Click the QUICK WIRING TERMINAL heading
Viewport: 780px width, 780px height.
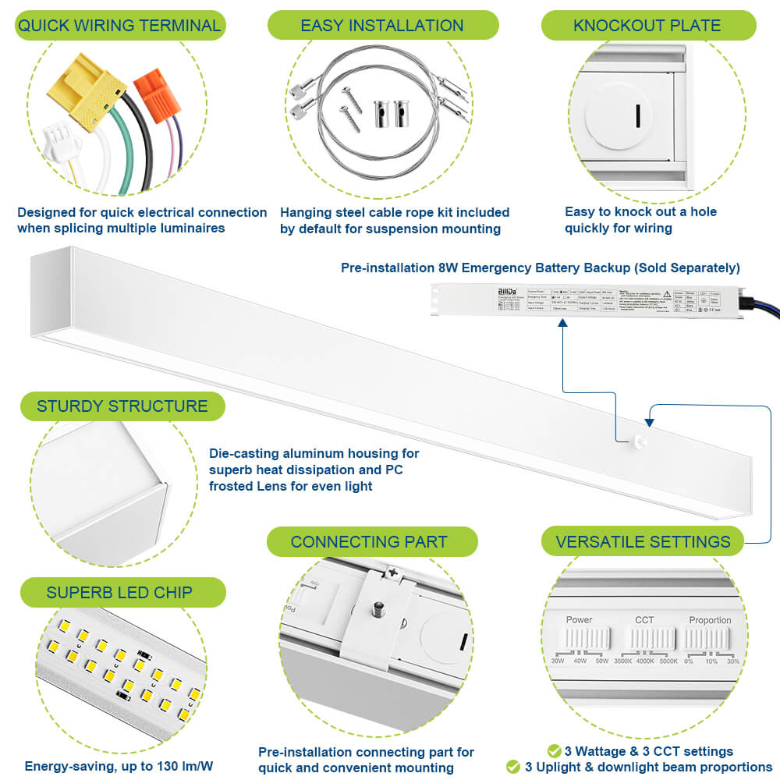pos(119,25)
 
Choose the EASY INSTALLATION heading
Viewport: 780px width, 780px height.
pos(382,25)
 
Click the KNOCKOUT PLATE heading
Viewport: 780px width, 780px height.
pos(647,25)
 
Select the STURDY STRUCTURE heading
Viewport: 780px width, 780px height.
pos(122,406)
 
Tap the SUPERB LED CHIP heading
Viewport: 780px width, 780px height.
pos(119,592)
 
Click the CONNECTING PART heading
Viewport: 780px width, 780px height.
pos(369,541)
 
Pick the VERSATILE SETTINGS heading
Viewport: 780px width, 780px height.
pos(643,541)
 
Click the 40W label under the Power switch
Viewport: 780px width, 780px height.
pos(580,661)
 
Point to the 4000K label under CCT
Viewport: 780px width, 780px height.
pos(644,661)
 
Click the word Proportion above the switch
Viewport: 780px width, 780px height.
pos(710,620)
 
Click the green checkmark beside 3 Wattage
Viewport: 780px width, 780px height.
pos(554,751)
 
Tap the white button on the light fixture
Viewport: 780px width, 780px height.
pos(637,441)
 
